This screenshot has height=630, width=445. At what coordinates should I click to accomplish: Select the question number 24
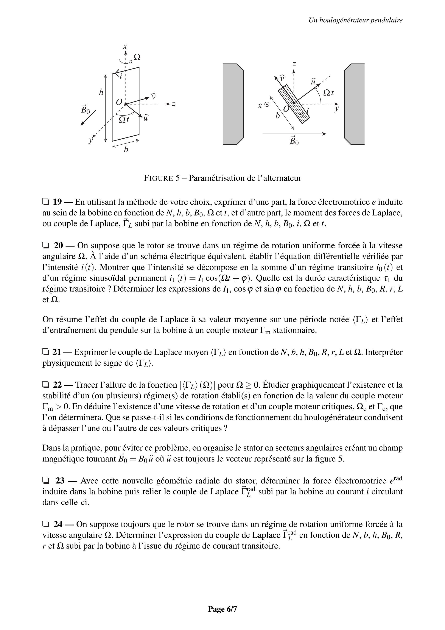coord(58,524)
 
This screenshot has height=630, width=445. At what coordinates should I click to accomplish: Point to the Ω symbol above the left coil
coord(137,57)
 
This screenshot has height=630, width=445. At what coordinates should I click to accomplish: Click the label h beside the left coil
coord(101,92)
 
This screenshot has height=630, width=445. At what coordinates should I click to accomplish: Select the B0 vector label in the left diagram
coord(85,109)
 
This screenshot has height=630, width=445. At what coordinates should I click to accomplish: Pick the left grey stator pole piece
coord(233,104)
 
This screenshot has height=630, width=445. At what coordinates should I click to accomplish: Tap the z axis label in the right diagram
coord(294,64)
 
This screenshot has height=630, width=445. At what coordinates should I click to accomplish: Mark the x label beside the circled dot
coord(260,106)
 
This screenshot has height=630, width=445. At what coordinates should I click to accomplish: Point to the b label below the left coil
coord(126,150)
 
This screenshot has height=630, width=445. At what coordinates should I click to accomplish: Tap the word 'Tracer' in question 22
coord(87,385)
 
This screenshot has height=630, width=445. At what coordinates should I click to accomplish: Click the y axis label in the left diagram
coord(90,140)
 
